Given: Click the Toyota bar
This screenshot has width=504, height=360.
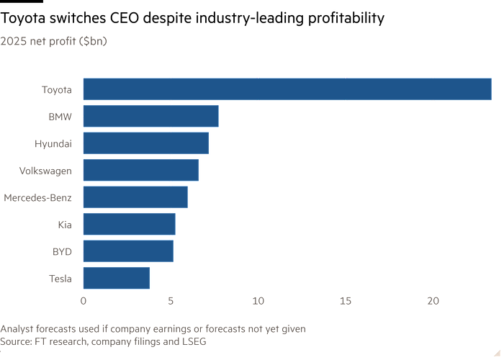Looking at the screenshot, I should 287,89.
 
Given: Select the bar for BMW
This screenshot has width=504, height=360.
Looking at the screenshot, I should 150,116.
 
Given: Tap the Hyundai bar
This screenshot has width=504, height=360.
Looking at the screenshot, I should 146,143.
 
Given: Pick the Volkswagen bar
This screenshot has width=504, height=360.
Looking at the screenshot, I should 141,170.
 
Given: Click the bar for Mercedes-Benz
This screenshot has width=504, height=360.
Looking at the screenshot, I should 135,197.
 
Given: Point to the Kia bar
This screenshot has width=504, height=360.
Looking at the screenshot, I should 129,224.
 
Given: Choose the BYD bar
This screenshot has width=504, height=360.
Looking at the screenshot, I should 128,251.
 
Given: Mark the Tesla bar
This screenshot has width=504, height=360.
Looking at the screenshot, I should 117,278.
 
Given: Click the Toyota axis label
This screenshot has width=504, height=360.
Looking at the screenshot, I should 56,89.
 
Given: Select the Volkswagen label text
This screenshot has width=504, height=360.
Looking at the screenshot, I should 45,171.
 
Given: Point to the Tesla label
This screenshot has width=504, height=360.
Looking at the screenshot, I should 60,279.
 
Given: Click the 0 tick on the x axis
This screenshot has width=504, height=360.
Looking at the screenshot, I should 84,300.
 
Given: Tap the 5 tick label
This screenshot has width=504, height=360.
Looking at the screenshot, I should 171,300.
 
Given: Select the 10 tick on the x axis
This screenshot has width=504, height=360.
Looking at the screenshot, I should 258,300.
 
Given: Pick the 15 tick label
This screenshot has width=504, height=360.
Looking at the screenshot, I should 345,300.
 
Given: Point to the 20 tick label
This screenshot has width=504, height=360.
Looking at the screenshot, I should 432,300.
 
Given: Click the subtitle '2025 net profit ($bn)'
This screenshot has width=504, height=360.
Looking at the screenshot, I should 54,42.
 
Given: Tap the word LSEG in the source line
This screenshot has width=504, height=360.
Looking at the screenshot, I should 193,342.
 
